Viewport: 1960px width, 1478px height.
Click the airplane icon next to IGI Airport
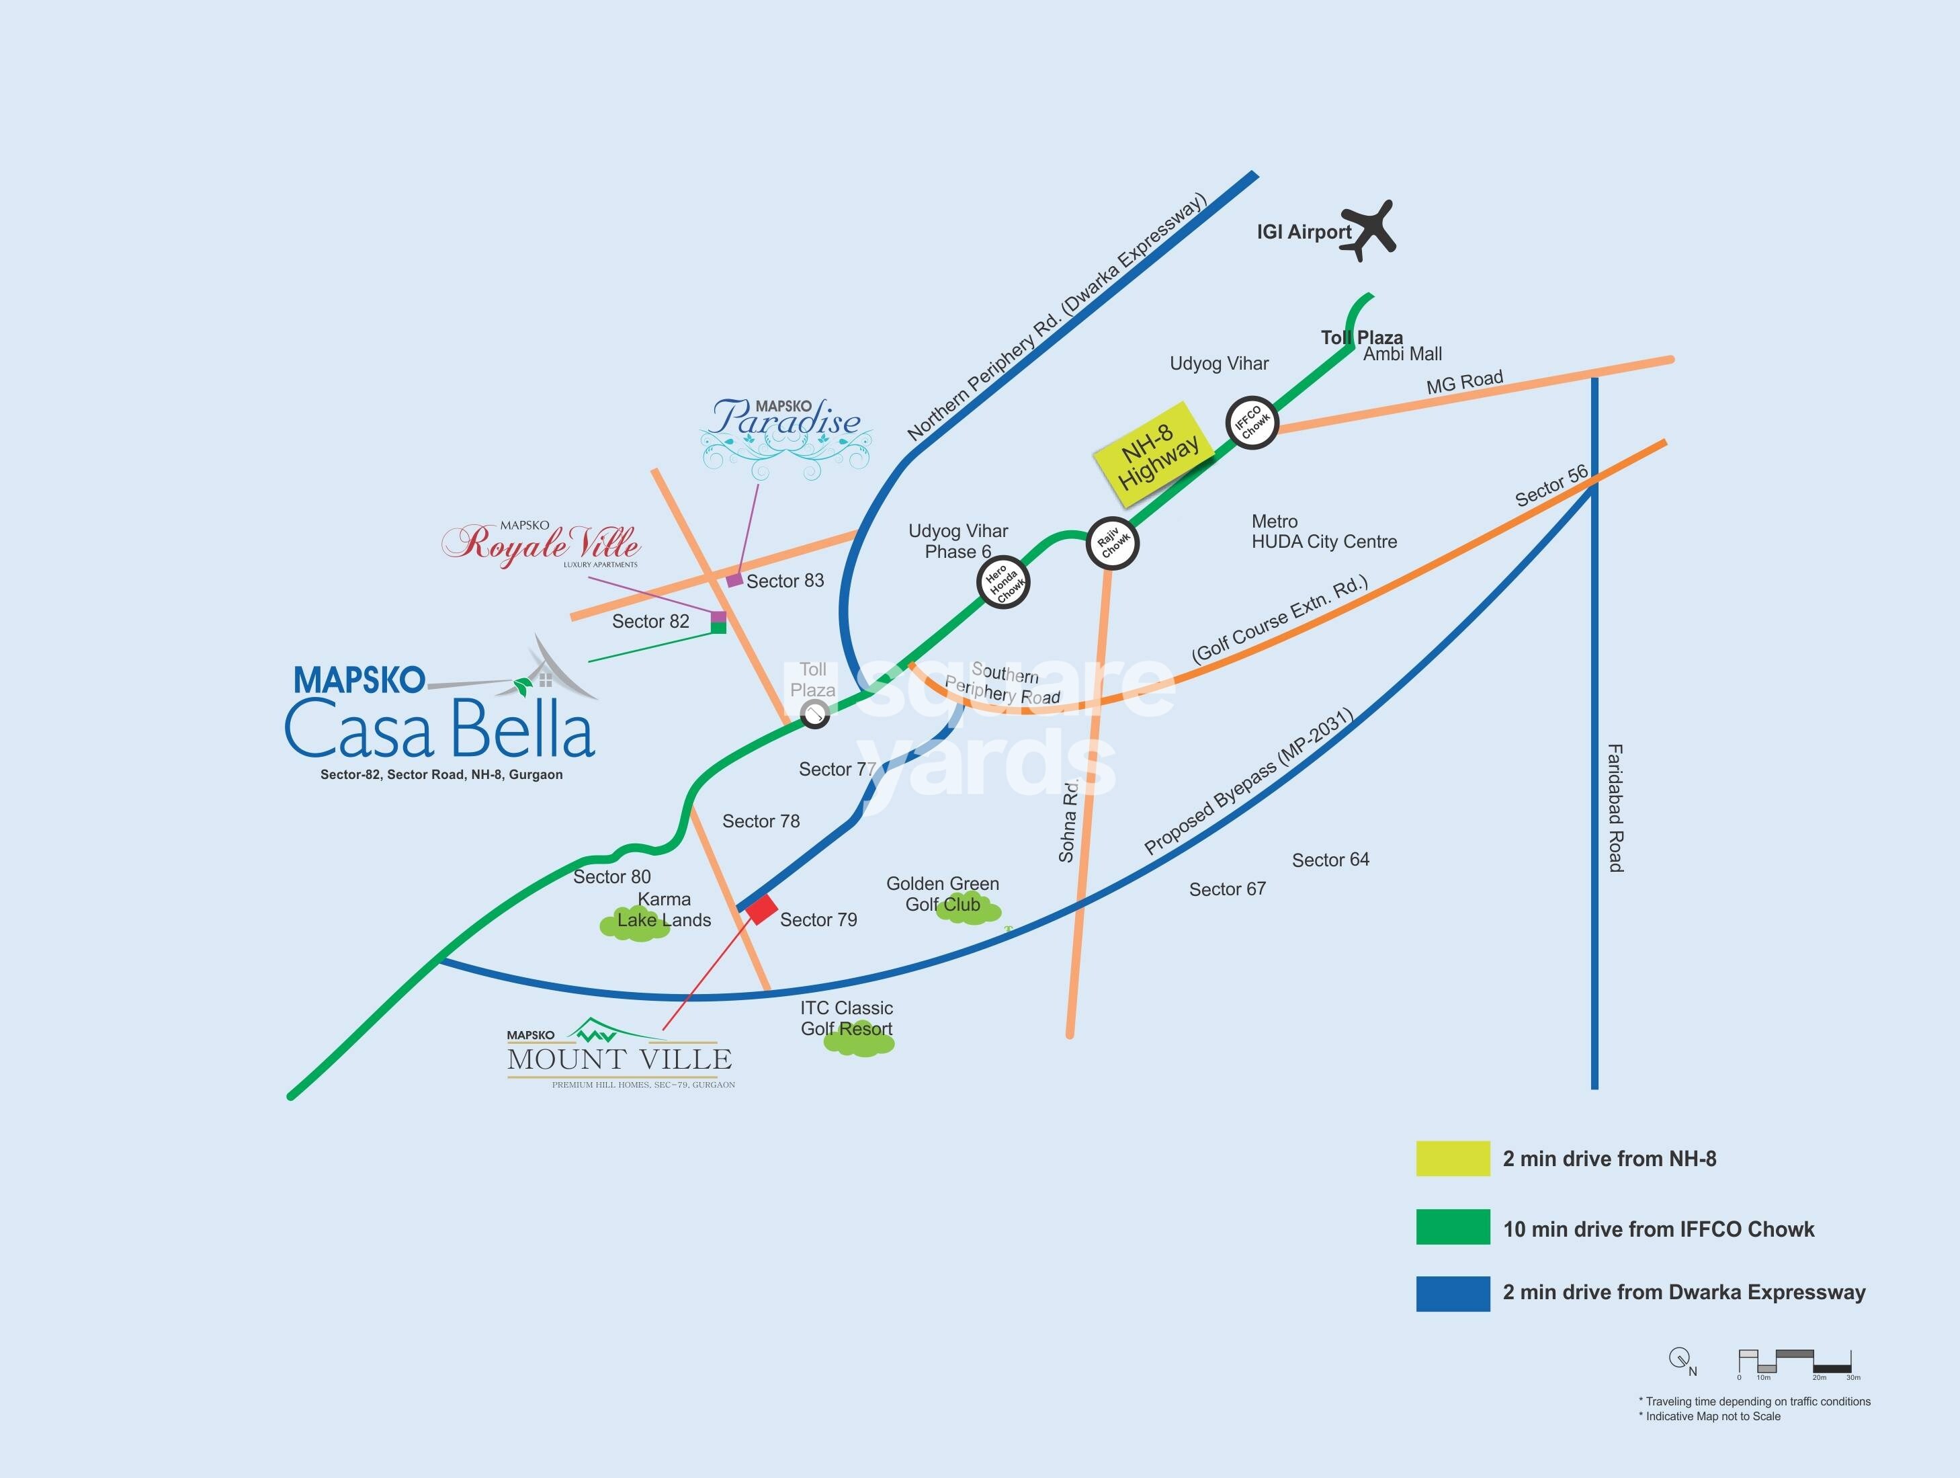1369,229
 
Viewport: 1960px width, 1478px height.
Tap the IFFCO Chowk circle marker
1252,423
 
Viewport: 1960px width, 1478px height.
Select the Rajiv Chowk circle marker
1112,543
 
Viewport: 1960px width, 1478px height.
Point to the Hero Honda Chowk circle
1004,583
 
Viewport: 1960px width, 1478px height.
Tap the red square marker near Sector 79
761,909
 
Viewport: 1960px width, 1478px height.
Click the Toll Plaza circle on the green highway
814,713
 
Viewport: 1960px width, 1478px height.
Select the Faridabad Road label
1615,807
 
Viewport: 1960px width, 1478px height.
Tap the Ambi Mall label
1403,354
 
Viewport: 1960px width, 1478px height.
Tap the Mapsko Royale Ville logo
542,542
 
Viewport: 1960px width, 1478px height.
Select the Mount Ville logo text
620,1058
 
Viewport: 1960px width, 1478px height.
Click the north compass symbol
1678,1358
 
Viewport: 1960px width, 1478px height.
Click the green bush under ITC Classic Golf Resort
859,1043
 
